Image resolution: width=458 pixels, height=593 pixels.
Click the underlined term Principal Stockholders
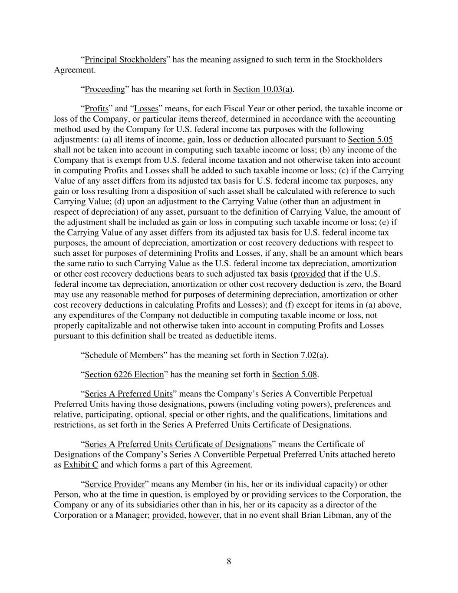125,60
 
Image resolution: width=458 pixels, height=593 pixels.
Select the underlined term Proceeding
105,89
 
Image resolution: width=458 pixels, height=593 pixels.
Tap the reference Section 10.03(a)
262,89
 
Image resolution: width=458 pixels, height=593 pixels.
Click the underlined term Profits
96,109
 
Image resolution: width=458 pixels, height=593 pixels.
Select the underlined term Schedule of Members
124,355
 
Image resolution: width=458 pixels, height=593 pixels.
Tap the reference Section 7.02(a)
299,355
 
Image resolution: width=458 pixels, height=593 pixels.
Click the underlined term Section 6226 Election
124,374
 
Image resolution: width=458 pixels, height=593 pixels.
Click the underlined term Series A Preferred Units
129,394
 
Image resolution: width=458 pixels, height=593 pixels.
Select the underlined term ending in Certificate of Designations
178,444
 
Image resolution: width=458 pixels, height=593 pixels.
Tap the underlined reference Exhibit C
81,465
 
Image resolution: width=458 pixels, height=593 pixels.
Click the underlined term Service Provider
115,484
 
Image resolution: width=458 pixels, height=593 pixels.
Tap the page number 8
229,561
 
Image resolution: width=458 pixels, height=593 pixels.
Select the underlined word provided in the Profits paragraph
309,274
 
